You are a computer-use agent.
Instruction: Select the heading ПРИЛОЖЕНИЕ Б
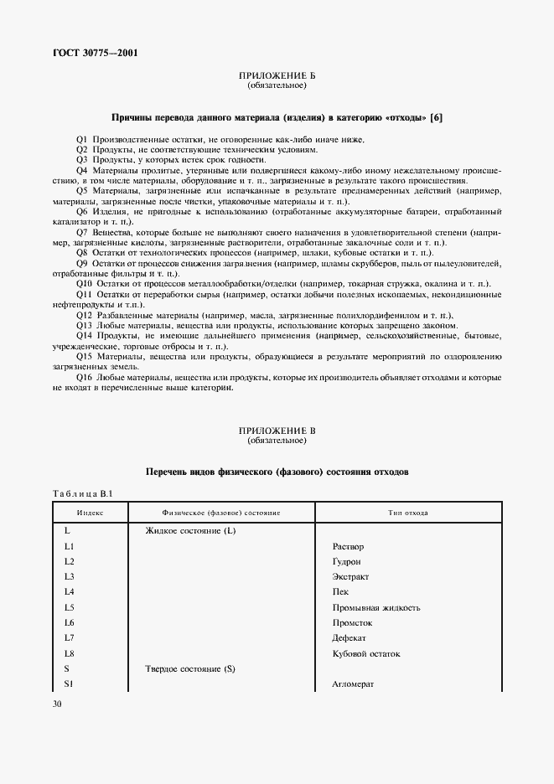click(x=277, y=77)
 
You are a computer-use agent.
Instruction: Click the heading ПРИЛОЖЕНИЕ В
click(x=277, y=430)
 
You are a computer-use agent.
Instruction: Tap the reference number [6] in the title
click(x=436, y=117)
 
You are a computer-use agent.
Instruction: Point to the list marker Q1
click(x=81, y=139)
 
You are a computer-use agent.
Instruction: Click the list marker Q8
click(x=81, y=252)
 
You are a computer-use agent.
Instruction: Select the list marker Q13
click(x=84, y=325)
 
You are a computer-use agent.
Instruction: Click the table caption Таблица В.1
click(x=77, y=494)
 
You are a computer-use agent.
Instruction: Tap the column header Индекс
click(x=90, y=511)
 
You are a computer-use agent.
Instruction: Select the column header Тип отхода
click(x=408, y=511)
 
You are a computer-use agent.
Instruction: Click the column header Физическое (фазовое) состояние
click(x=220, y=511)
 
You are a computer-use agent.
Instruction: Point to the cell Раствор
click(x=348, y=547)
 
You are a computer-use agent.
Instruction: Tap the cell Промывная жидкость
click(x=375, y=607)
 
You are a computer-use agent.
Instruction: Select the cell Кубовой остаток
click(x=366, y=653)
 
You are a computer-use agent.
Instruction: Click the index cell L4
click(x=70, y=592)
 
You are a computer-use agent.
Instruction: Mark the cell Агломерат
click(x=353, y=684)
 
